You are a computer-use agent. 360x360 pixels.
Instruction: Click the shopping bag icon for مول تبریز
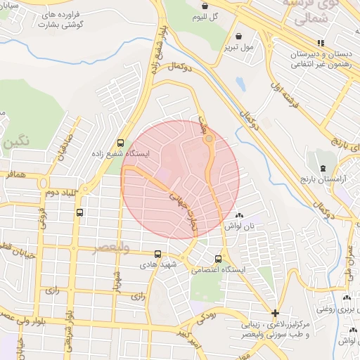(239, 35)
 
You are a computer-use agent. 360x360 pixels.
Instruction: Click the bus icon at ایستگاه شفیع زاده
(120, 141)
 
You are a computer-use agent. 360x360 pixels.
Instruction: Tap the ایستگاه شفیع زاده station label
(120, 153)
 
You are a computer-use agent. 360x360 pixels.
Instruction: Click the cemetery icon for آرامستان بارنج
(322, 168)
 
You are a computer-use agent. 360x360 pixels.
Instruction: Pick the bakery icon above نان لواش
(239, 215)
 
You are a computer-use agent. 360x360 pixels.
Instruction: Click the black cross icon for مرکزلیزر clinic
(274, 313)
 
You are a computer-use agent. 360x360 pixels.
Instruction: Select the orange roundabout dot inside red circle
(209, 139)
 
